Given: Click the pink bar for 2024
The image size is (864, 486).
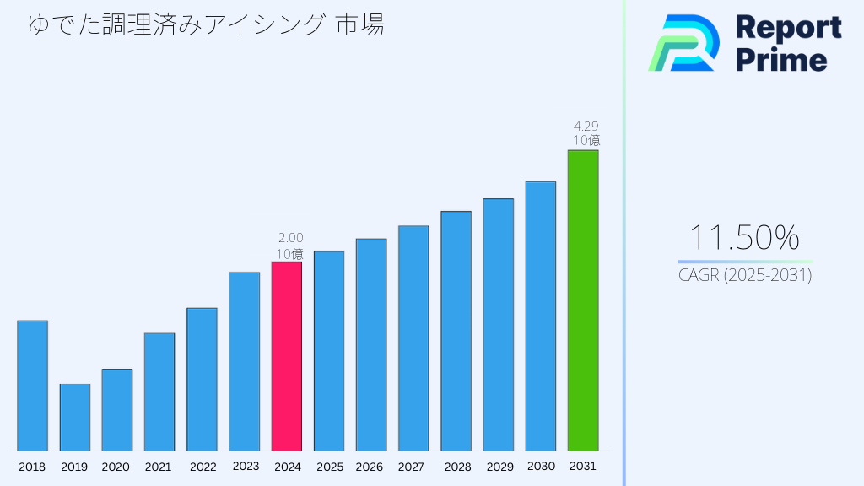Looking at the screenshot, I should tap(286, 356).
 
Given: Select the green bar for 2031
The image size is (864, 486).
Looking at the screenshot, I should tap(582, 300).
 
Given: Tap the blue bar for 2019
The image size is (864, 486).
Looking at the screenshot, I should tap(74, 418).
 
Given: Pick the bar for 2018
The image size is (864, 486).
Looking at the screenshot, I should tap(32, 386).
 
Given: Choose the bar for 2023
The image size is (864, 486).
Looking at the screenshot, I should tap(244, 361).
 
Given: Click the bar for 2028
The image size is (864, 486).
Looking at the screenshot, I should tap(456, 331).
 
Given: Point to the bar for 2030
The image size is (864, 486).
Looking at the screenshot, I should tap(540, 316).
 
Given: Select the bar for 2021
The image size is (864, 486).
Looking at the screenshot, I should tap(159, 391).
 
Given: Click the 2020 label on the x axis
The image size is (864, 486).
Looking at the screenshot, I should tap(116, 467).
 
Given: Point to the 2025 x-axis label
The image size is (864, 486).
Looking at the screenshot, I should tap(329, 467).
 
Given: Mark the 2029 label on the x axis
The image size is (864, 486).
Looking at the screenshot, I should tap(499, 467).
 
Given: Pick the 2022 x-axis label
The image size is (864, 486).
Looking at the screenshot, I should tap(202, 467).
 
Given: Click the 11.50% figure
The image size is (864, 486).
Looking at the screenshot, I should tap(744, 239).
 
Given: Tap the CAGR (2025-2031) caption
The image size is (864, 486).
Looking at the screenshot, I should tap(745, 275).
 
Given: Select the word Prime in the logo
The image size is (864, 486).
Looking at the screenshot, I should tap(781, 60).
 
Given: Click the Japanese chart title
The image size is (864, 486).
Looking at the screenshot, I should tap(206, 25).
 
